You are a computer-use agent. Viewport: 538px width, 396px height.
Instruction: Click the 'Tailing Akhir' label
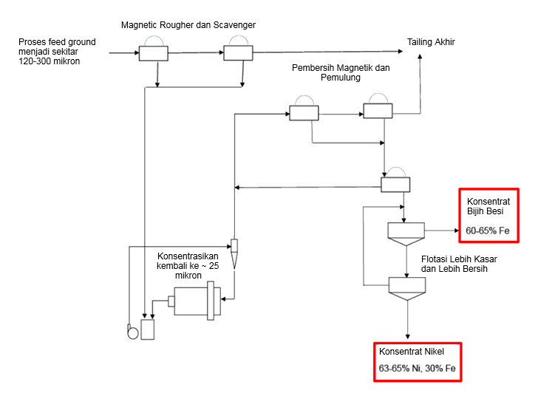[x=431, y=42]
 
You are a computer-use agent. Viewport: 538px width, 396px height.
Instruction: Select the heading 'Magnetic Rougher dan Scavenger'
[x=188, y=26]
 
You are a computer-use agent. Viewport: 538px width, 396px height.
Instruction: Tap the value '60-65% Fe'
[x=487, y=231]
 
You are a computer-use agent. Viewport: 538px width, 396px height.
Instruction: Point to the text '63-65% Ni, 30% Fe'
[x=418, y=367]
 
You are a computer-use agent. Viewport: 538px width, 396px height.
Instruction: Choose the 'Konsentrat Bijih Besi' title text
[x=485, y=206]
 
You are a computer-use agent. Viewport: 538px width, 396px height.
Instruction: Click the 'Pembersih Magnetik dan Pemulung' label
[x=341, y=73]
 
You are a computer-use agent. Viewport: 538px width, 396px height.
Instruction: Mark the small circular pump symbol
[x=133, y=331]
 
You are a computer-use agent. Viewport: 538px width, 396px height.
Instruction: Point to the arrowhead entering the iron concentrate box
[x=456, y=231]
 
